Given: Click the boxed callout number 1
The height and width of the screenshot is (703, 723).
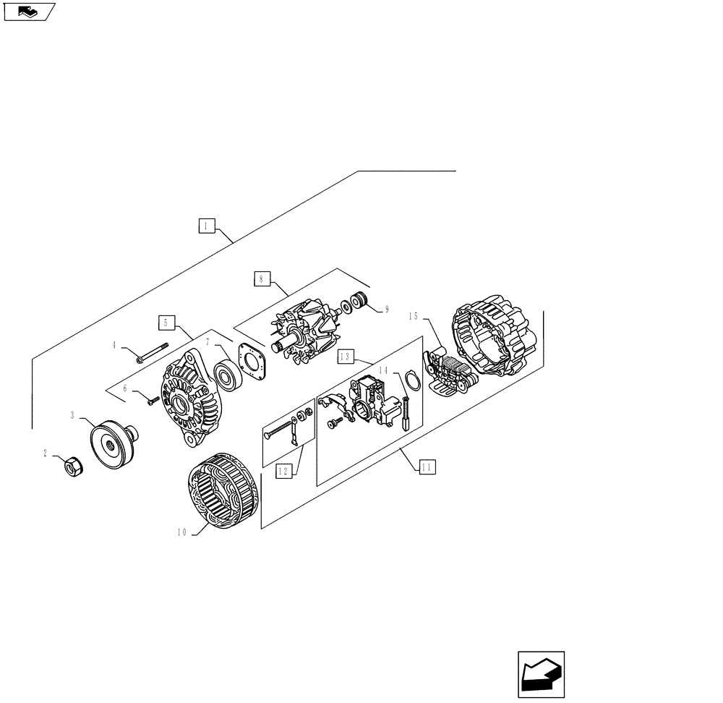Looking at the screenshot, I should [x=206, y=226].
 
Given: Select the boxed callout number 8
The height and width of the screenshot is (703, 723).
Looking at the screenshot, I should [x=261, y=277].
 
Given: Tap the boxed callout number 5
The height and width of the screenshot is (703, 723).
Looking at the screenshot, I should [x=166, y=323].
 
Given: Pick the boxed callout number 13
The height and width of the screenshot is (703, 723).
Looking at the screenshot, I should [x=346, y=357].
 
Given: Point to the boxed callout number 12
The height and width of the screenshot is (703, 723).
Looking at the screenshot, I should [x=284, y=472].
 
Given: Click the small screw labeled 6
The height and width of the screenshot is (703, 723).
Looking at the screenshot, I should [x=152, y=401].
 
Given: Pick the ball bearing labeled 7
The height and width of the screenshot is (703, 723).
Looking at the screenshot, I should [x=230, y=374].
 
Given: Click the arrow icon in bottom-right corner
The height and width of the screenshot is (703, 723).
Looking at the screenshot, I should [x=541, y=675].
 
